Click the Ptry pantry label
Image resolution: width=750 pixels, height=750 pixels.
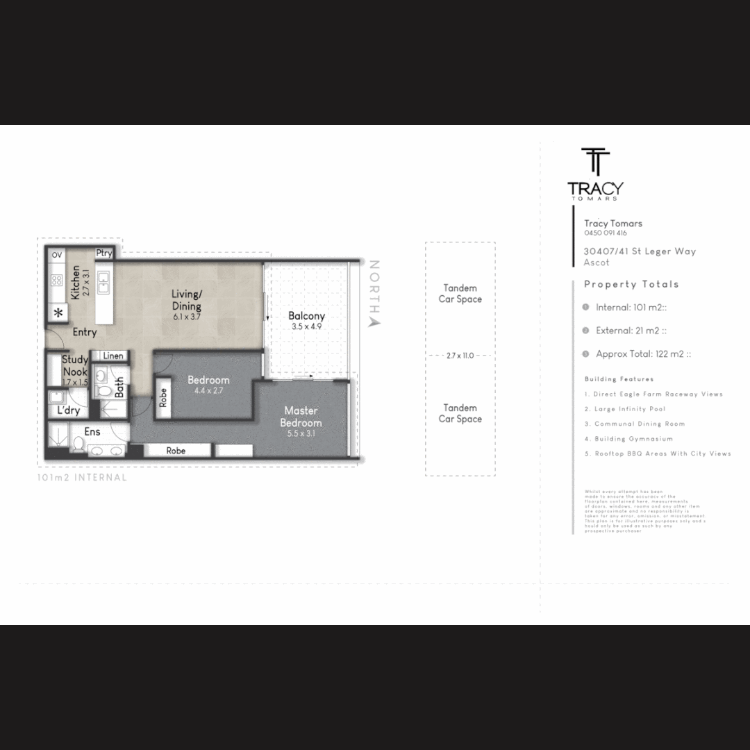click(104, 253)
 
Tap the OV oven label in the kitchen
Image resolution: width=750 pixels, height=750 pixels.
click(57, 255)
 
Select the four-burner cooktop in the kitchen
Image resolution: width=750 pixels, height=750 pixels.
click(57, 281)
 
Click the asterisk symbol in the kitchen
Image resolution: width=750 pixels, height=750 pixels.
click(58, 312)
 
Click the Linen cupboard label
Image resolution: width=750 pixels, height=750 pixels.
click(113, 356)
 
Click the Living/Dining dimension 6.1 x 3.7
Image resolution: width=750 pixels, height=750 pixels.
click(186, 317)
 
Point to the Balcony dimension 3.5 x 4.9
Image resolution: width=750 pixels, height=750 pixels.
click(308, 326)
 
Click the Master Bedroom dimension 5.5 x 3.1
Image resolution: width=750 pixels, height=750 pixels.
click(301, 433)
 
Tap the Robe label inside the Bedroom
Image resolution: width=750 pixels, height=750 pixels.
click(163, 397)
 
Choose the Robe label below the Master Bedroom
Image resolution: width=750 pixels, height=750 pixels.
click(176, 451)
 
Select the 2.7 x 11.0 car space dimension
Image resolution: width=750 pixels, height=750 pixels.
click(460, 356)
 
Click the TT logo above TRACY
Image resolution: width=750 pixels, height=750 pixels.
click(595, 162)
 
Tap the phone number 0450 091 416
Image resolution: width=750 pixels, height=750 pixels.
click(606, 233)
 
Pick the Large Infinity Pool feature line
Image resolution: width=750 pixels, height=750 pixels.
click(628, 409)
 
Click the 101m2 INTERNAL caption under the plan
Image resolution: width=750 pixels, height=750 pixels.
click(82, 478)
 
